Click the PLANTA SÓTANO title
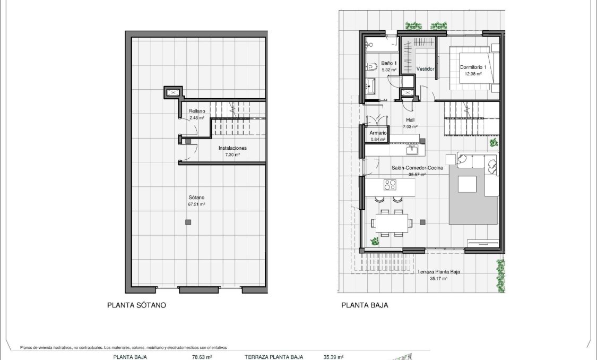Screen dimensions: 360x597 136,305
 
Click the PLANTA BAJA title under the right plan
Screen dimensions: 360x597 365,305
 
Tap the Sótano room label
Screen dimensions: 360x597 196,197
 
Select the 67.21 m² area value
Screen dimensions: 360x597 196,204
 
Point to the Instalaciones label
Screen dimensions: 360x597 232,148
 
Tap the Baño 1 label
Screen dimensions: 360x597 375,63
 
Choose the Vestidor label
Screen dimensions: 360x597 426,69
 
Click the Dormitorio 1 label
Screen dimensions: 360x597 473,67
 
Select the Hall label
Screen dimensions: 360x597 410,120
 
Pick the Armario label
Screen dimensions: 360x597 378,133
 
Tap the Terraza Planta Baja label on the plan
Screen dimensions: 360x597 438,272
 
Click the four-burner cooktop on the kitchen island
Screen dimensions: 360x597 390,185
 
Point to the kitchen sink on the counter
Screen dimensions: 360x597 412,150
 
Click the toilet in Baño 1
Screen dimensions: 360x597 371,67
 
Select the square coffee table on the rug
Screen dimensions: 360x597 468,184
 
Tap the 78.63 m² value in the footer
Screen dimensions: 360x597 202,357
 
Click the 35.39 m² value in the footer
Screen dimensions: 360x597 333,357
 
